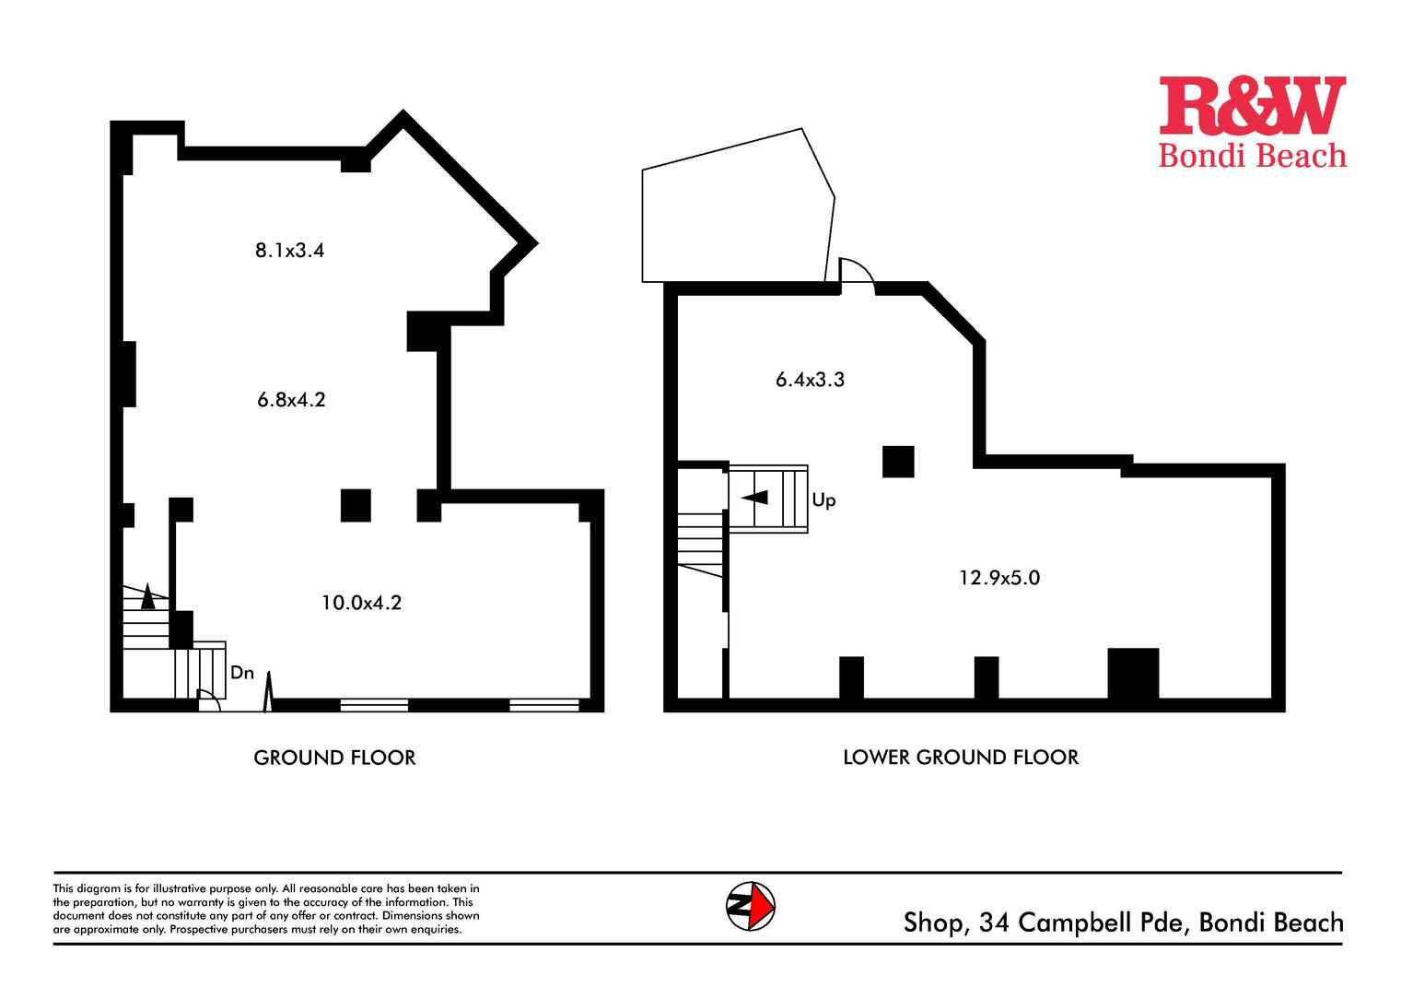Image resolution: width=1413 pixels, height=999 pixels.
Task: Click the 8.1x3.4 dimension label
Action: pyautogui.click(x=289, y=250)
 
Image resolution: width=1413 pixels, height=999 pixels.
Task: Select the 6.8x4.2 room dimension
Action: pyautogui.click(x=291, y=400)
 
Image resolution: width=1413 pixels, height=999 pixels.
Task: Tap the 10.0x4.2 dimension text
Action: pyautogui.click(x=361, y=603)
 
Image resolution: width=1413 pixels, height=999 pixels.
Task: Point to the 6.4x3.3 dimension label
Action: pyautogui.click(x=810, y=380)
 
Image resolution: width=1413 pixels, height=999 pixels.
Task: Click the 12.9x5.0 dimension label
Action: pyautogui.click(x=999, y=578)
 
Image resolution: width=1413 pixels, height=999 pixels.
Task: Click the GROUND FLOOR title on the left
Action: pyautogui.click(x=334, y=758)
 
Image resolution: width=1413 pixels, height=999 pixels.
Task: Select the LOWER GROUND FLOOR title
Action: pyautogui.click(x=961, y=758)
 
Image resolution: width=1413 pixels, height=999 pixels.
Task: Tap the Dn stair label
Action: pyautogui.click(x=242, y=673)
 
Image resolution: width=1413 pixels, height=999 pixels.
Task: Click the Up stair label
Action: pyautogui.click(x=823, y=500)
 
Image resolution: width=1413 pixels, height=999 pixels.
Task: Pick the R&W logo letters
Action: pyautogui.click(x=1252, y=106)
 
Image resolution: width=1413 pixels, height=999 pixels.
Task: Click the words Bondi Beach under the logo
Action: pyautogui.click(x=1252, y=156)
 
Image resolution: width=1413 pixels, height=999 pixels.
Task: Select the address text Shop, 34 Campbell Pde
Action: pyautogui.click(x=1041, y=923)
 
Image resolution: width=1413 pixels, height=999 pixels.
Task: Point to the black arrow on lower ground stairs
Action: pyautogui.click(x=755, y=498)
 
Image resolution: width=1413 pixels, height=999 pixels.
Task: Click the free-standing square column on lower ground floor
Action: pyautogui.click(x=898, y=462)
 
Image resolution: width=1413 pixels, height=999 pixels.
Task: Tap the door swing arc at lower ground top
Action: pyautogui.click(x=858, y=273)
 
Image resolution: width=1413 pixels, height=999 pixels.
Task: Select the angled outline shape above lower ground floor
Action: pyautogui.click(x=737, y=207)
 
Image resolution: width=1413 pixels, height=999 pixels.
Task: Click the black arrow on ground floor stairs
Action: pyautogui.click(x=147, y=597)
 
